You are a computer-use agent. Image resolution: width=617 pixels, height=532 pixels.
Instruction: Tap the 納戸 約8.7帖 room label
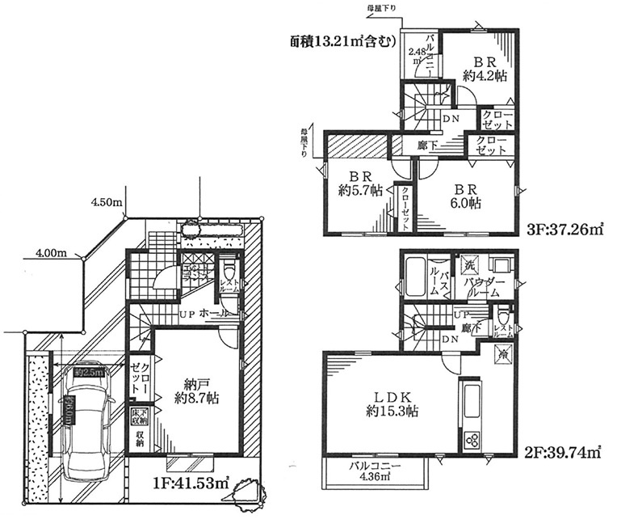coord(196,391)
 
